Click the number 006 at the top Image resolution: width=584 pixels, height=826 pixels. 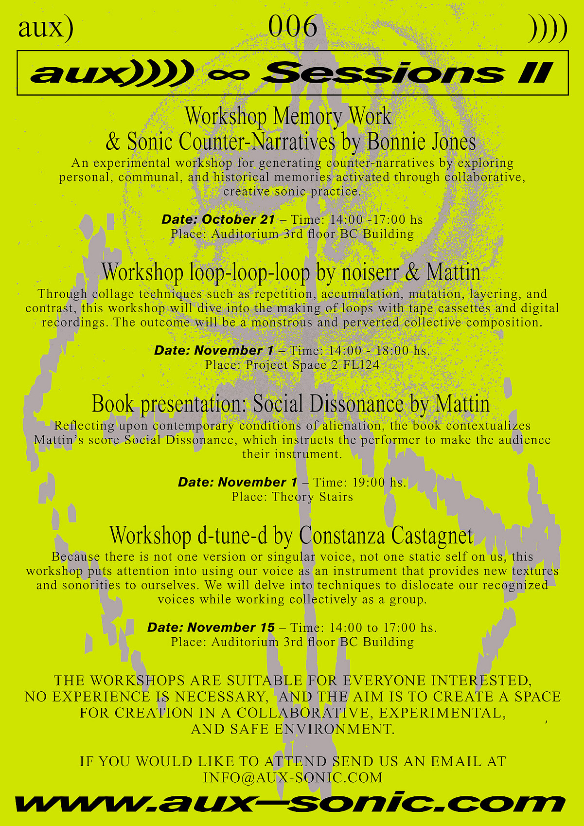click(x=292, y=27)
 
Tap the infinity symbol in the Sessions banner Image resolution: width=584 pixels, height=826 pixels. click(x=229, y=74)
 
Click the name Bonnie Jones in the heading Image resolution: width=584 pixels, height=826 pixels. click(x=422, y=142)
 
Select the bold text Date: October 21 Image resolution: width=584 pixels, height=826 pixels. click(x=218, y=219)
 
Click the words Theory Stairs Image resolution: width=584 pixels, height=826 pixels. click(x=312, y=497)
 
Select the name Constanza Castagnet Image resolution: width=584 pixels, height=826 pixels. click(x=386, y=536)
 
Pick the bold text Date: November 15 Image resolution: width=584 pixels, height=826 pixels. click(x=211, y=628)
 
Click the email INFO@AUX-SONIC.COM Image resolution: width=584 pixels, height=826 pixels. click(x=293, y=777)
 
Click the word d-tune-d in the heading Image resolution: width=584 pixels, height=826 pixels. click(x=232, y=536)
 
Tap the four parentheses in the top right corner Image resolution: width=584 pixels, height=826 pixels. click(x=548, y=28)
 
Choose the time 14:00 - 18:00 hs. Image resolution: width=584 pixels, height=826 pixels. click(x=379, y=350)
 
